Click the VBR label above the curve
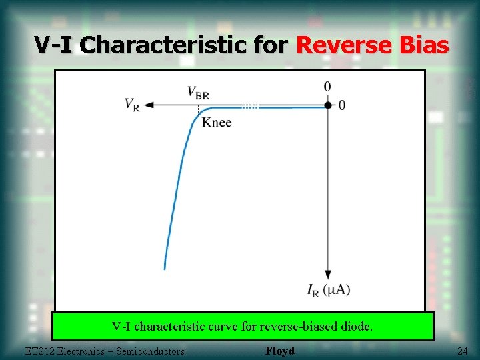point(198,92)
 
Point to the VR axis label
point(132,105)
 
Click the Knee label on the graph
point(217,122)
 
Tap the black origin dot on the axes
point(328,105)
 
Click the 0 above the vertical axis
point(327,87)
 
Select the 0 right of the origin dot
point(342,105)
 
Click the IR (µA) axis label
point(329,289)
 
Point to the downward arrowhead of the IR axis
point(328,274)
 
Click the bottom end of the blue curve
point(165,267)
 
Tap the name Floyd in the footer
point(279,351)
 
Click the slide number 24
point(462,351)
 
